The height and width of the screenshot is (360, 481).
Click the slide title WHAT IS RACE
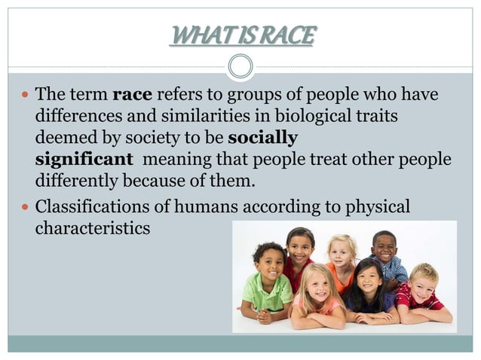pyautogui.click(x=240, y=35)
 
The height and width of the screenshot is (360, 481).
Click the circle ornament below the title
pyautogui.click(x=240, y=67)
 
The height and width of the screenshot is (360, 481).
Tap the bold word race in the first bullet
pyautogui.click(x=132, y=96)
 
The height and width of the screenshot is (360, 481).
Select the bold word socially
pyautogui.click(x=262, y=139)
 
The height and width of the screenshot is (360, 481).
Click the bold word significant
pyautogui.click(x=84, y=160)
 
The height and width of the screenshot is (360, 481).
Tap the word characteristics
pyautogui.click(x=92, y=227)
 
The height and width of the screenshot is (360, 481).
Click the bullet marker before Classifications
pyautogui.click(x=25, y=207)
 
